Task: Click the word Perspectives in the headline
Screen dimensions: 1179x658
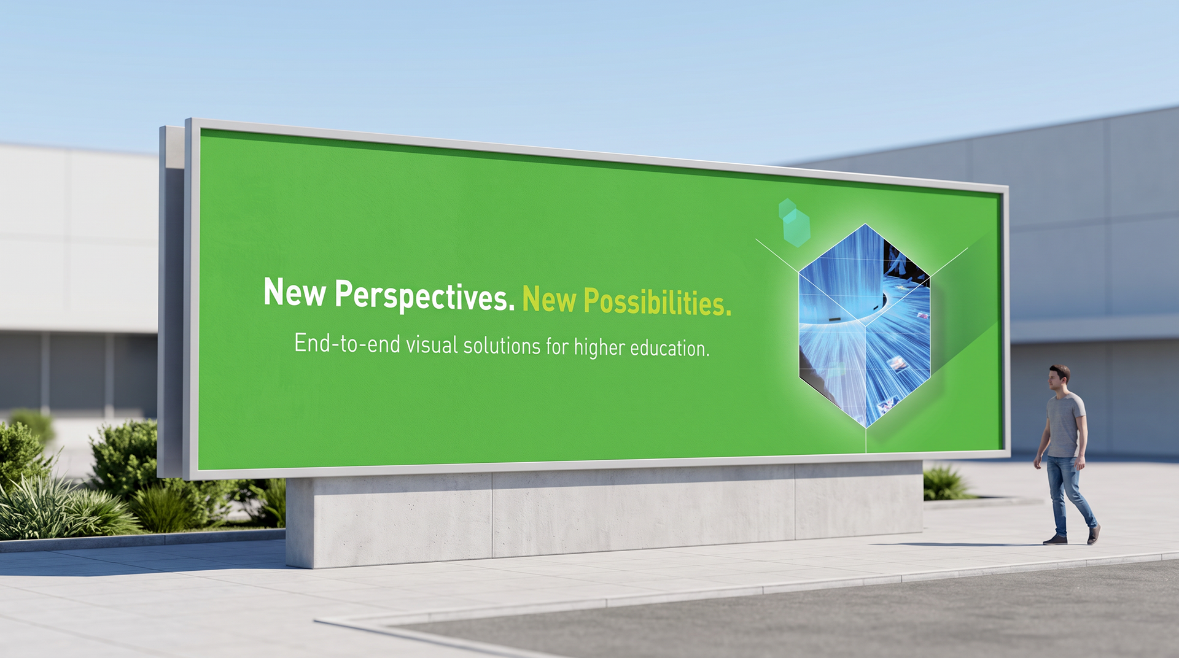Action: click(425, 296)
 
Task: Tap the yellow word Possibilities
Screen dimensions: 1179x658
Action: click(658, 302)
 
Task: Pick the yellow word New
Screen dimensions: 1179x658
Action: click(550, 299)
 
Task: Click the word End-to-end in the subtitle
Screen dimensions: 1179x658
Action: click(348, 343)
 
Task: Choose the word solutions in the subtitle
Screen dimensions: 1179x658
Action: click(502, 346)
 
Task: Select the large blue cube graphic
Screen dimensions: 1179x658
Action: click(865, 326)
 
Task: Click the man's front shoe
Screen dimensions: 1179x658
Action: click(1055, 540)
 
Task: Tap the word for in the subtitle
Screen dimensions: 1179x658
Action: click(558, 347)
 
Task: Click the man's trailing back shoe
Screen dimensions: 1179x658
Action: click(1093, 534)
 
